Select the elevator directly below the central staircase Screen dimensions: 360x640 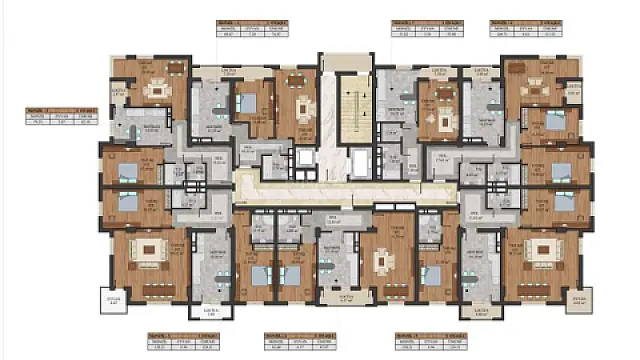pos(357,159)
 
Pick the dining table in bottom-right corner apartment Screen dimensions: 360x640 pos(540,286)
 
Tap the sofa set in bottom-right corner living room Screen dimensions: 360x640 pos(545,246)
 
